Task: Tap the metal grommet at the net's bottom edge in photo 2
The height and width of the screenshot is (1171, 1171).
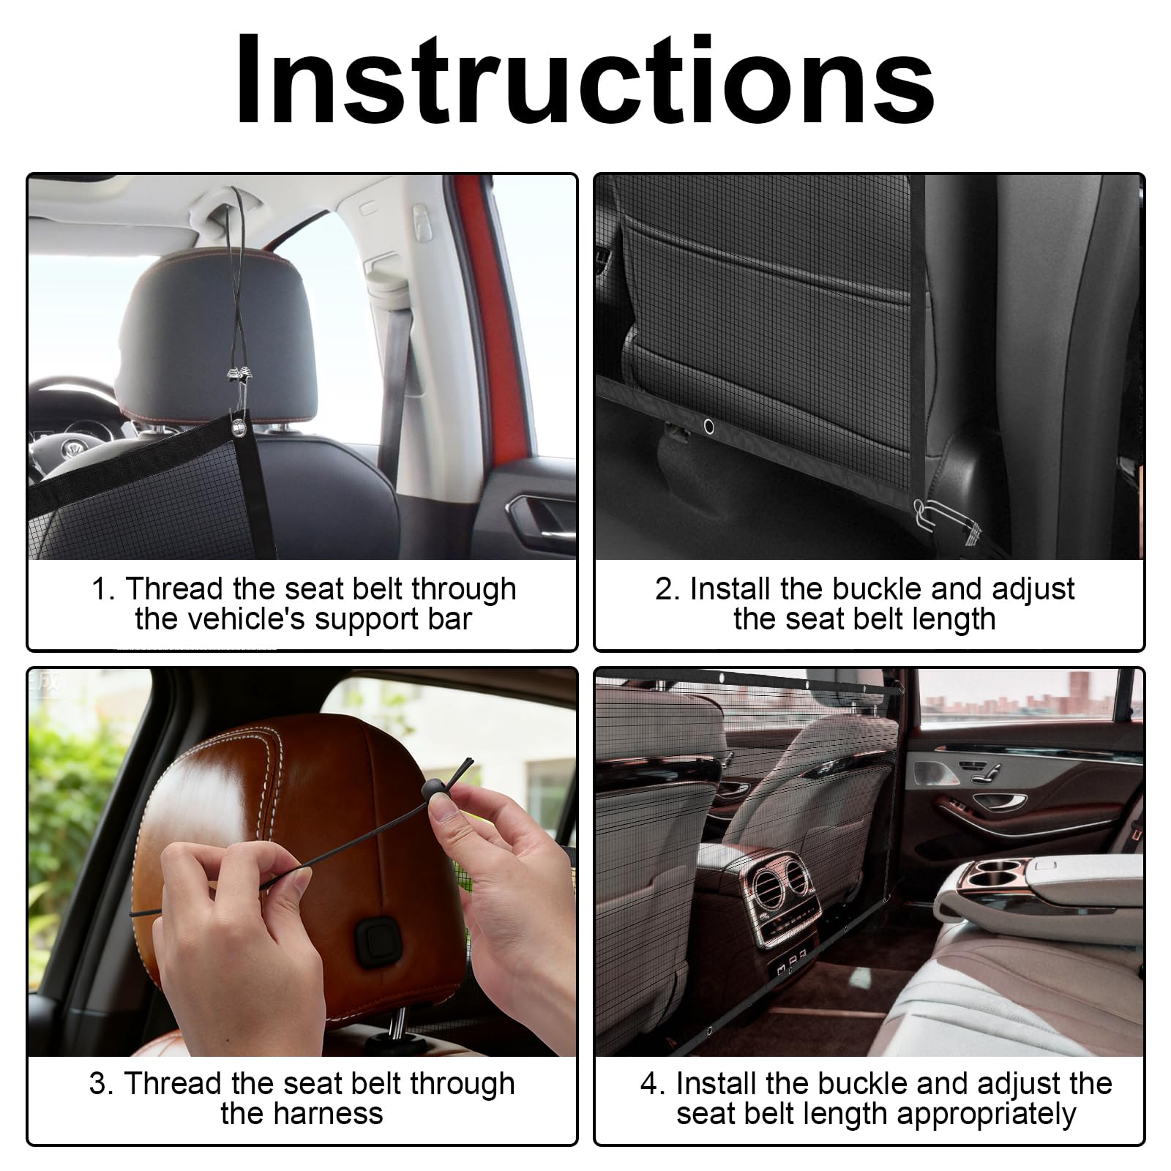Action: [708, 426]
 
